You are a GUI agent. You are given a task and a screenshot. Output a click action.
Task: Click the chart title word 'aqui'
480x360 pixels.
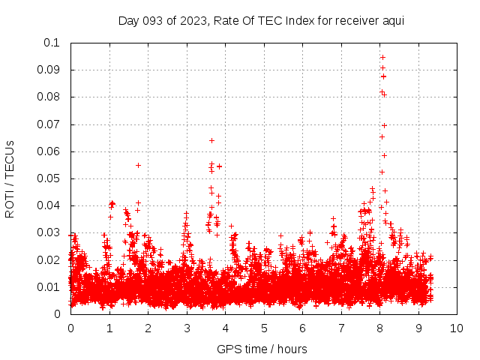point(394,20)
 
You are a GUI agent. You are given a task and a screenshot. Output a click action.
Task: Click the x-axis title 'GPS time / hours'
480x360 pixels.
point(262,349)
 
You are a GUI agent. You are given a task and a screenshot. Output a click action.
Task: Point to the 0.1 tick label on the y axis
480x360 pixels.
point(53,43)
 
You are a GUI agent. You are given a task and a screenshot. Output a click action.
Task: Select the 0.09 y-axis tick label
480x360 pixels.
point(50,70)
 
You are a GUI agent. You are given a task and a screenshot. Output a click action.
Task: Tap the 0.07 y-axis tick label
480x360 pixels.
point(50,124)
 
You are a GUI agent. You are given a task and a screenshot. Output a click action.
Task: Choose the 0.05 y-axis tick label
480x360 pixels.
point(50,178)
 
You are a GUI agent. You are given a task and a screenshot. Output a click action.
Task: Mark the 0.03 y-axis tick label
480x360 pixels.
point(50,232)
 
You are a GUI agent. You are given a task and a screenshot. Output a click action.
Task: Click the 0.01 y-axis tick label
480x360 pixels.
point(50,287)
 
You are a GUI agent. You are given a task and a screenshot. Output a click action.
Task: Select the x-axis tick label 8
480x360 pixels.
point(379,328)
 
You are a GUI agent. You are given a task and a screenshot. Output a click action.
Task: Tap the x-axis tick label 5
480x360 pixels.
point(264,328)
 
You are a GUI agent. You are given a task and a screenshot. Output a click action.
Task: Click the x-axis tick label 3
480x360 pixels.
point(187,328)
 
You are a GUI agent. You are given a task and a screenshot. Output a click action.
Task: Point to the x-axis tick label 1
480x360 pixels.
point(109,328)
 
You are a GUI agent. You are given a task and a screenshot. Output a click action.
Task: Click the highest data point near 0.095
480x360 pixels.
point(382,57)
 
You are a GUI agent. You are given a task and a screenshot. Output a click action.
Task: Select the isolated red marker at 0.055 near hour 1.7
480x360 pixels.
point(138,165)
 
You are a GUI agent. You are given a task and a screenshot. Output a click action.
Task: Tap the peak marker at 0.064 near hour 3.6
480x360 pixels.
point(211,140)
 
